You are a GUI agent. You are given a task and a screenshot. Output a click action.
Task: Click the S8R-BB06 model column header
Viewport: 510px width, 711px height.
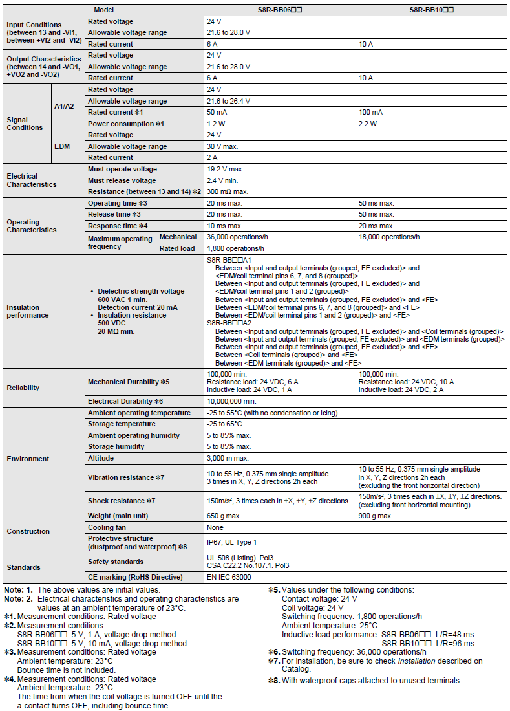point(279,10)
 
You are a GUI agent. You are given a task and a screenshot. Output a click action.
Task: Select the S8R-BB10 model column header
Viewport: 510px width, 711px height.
point(431,10)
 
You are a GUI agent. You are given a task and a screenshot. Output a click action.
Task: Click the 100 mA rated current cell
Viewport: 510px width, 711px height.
point(370,112)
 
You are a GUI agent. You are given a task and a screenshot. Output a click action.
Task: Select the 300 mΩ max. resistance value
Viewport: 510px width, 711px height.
point(228,192)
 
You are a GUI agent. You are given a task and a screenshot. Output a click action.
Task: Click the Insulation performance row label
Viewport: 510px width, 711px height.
point(28,311)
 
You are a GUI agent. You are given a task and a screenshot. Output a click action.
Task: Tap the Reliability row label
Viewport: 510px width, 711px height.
point(23,388)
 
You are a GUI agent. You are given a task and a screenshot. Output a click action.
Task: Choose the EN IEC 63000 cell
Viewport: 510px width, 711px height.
point(229,577)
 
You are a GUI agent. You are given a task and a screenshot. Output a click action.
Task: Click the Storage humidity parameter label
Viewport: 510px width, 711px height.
point(116,447)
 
